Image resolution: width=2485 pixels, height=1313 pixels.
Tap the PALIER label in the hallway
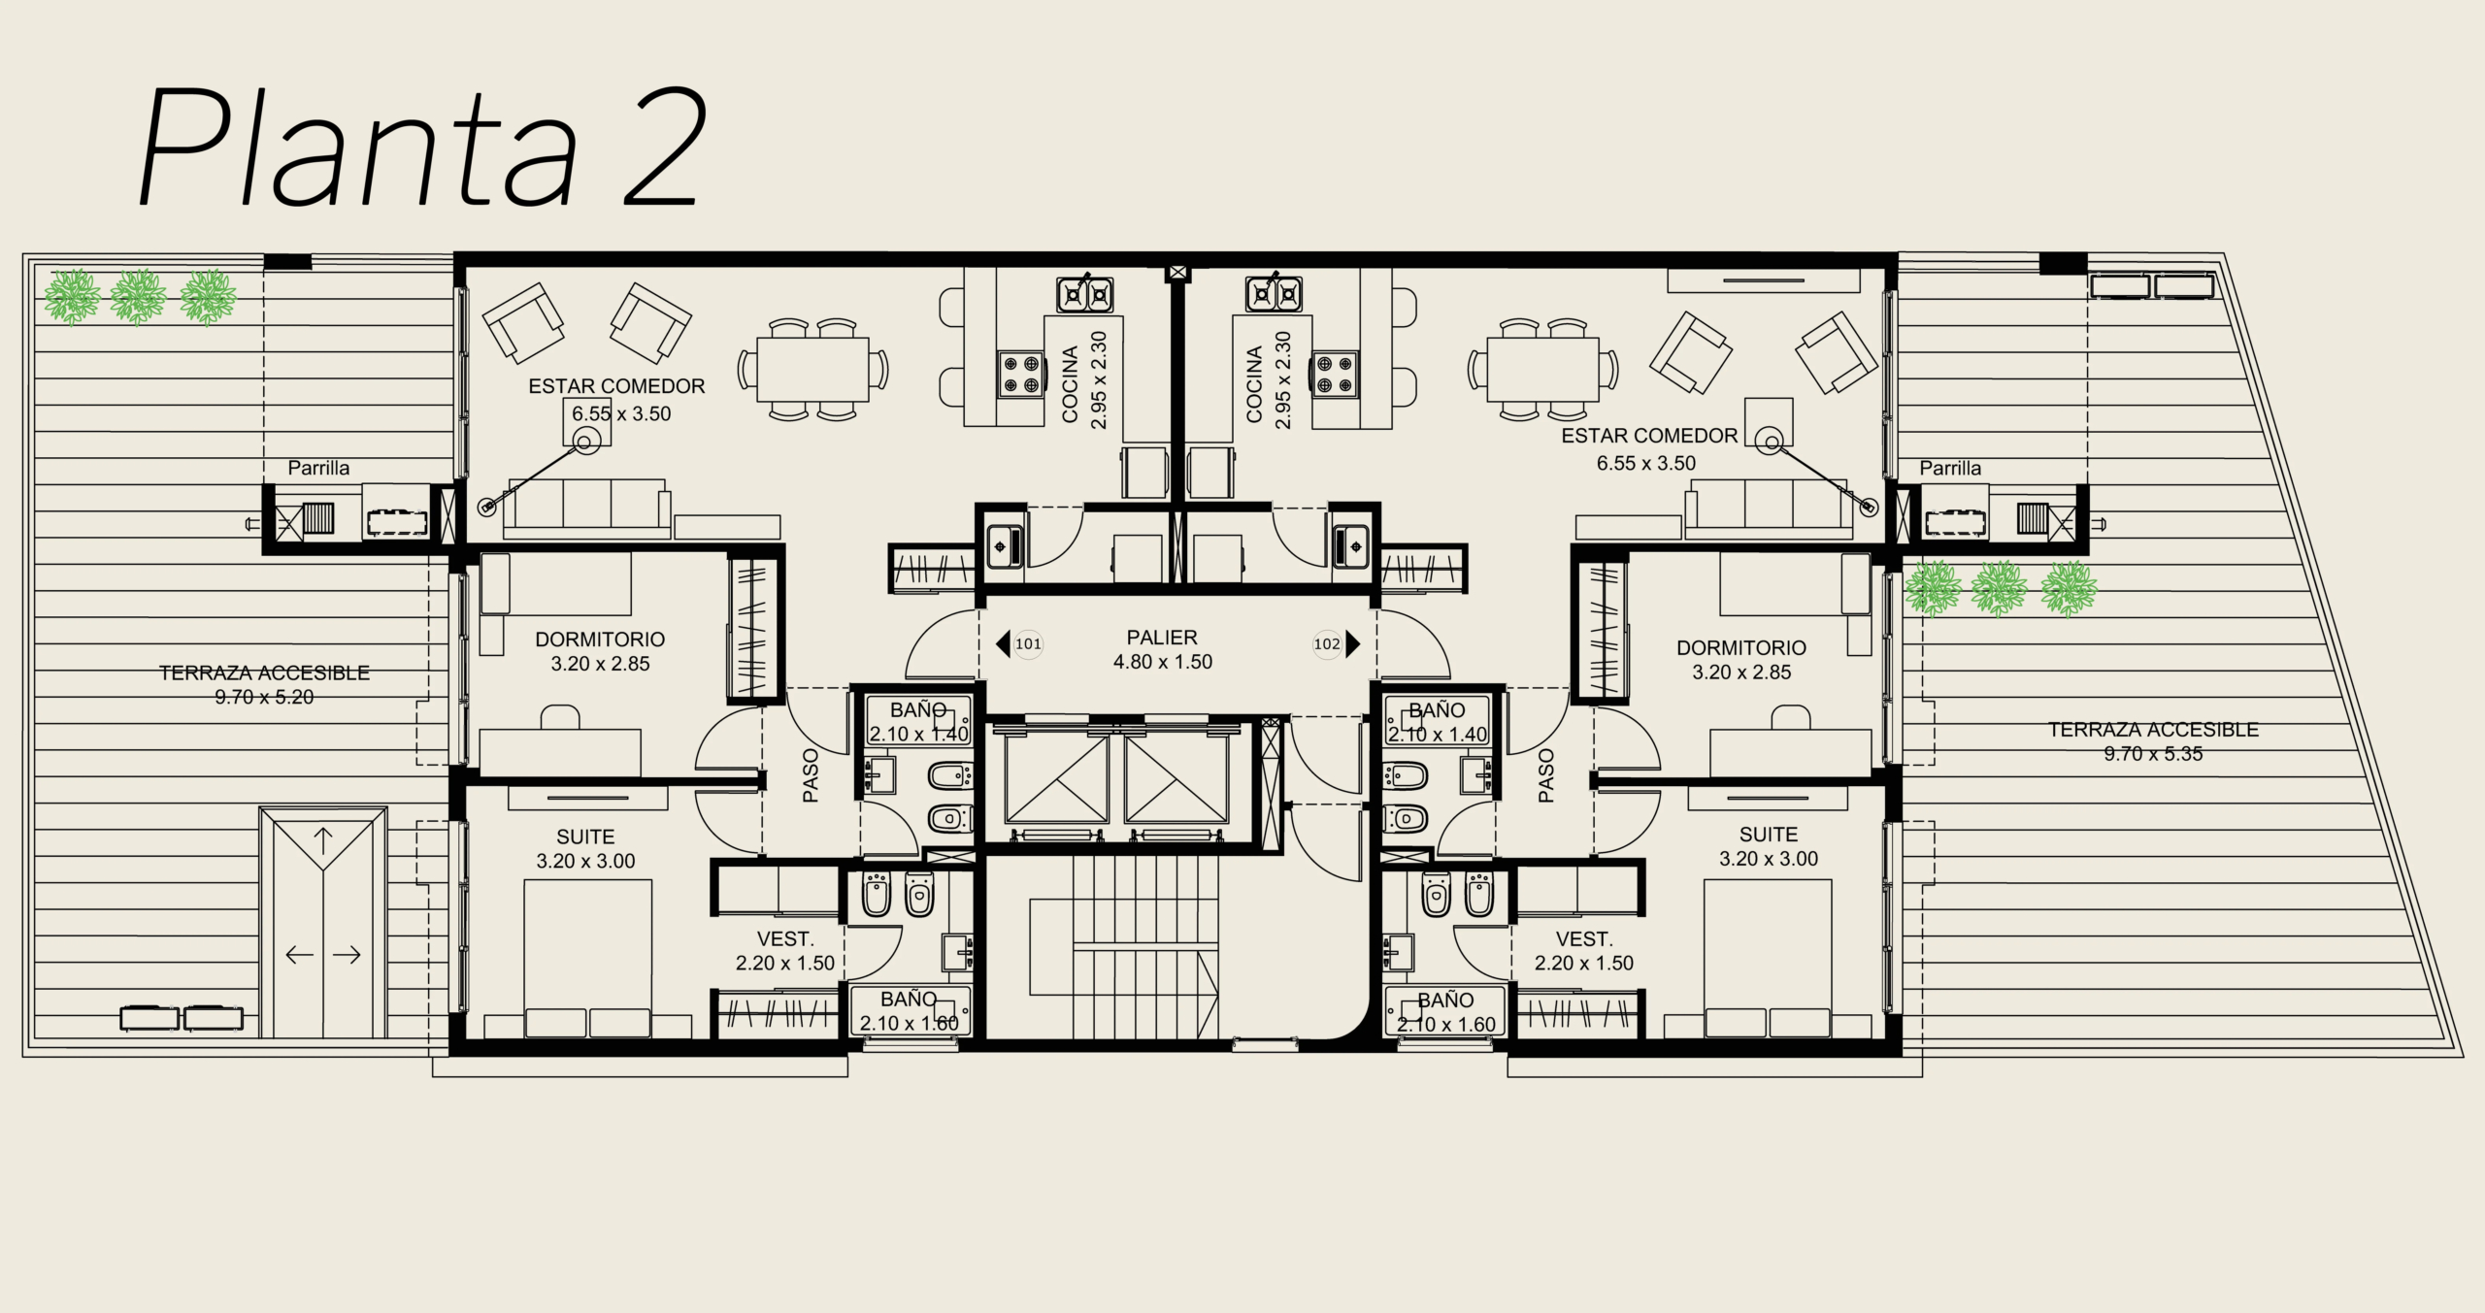pyautogui.click(x=1162, y=638)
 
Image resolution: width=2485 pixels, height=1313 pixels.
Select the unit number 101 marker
pyautogui.click(x=1028, y=643)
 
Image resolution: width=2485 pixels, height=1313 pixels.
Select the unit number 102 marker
pyautogui.click(x=1327, y=643)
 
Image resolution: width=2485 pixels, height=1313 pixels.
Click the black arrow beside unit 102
pyautogui.click(x=1353, y=643)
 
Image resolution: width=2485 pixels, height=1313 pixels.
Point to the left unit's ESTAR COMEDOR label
pyautogui.click(x=616, y=386)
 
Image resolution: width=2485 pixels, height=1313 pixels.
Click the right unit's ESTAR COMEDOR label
pyautogui.click(x=1649, y=436)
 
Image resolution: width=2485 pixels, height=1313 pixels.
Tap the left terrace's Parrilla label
pyautogui.click(x=318, y=468)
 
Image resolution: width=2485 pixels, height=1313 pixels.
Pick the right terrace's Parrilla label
pyautogui.click(x=1950, y=468)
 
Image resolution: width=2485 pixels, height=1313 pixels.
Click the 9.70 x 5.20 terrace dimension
pyautogui.click(x=264, y=697)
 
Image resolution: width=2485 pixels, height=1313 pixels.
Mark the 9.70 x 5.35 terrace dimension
pyautogui.click(x=2153, y=754)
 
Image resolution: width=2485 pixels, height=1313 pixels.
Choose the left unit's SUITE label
pyautogui.click(x=585, y=837)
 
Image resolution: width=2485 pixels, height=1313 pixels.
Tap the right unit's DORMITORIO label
pyautogui.click(x=1741, y=647)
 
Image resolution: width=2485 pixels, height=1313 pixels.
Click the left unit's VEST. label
pyautogui.click(x=785, y=939)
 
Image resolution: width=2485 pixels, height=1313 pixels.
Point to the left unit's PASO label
pyautogui.click(x=811, y=774)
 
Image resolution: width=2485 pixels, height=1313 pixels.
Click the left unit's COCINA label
pyautogui.click(x=1070, y=384)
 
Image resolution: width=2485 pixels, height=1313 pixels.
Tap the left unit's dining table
pyautogui.click(x=813, y=370)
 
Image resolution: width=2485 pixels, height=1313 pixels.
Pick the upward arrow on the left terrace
pyautogui.click(x=322, y=840)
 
